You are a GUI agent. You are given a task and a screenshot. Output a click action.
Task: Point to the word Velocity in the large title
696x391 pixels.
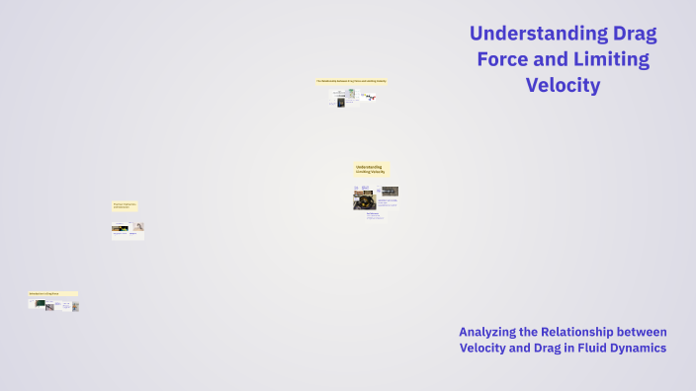pyautogui.click(x=564, y=85)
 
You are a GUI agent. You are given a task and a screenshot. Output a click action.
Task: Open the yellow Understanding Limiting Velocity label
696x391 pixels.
pyautogui.click(x=372, y=170)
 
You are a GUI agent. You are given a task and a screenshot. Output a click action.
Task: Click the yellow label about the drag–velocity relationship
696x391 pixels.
pyautogui.click(x=352, y=81)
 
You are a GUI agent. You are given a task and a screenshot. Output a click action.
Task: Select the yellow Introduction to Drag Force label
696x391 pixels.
pyautogui.click(x=52, y=293)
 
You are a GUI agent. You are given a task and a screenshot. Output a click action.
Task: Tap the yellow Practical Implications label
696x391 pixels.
pyautogui.click(x=125, y=205)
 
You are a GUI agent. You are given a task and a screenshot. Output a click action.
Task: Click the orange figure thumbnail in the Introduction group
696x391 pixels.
pyautogui.click(x=75, y=306)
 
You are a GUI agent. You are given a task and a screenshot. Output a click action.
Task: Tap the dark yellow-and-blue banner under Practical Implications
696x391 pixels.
pyautogui.click(x=121, y=228)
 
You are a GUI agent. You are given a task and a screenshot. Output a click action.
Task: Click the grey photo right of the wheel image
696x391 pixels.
pyautogui.click(x=390, y=191)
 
